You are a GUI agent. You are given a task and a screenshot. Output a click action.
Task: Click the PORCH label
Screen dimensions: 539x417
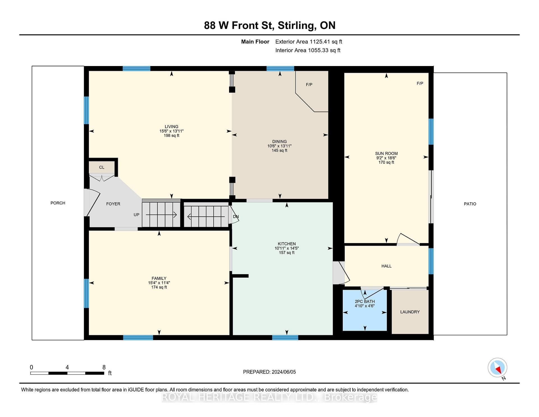(58, 203)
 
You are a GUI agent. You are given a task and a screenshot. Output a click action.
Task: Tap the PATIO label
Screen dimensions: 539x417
(470, 204)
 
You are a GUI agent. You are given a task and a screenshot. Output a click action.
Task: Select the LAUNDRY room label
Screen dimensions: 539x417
(410, 312)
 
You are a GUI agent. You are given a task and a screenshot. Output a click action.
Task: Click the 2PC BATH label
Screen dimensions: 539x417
(365, 302)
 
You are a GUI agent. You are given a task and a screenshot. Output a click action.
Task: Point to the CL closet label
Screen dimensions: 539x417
(102, 167)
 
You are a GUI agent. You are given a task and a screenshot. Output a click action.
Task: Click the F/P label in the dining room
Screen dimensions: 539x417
(309, 85)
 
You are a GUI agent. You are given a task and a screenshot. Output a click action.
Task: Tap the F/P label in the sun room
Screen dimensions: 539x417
(420, 83)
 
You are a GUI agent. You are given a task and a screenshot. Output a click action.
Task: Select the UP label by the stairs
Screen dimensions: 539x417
(136, 215)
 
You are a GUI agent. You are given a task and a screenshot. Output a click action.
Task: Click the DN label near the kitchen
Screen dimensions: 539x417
(236, 217)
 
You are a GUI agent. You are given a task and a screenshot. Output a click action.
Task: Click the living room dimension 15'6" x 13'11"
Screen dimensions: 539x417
(172, 131)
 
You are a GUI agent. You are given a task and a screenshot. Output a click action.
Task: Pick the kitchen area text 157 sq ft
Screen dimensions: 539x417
(287, 253)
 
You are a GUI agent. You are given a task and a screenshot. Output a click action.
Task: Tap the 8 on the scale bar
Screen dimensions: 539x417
(104, 367)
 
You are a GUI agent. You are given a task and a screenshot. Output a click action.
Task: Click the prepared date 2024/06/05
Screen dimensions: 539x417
(283, 372)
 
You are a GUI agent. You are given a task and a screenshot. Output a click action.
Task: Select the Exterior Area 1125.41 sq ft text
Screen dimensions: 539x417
(309, 42)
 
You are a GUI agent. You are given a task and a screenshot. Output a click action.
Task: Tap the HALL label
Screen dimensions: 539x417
(386, 266)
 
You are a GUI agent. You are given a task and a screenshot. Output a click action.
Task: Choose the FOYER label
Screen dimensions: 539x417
(113, 204)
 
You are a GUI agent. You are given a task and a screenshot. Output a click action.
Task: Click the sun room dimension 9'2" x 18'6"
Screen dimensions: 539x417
(386, 158)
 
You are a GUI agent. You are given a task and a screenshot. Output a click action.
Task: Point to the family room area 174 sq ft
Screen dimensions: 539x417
(159, 287)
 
